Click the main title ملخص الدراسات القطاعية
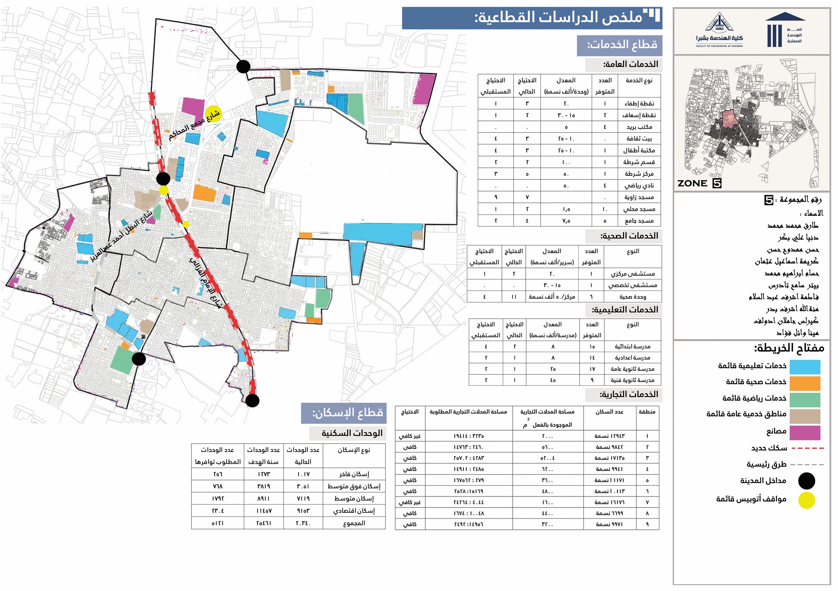[x=558, y=18]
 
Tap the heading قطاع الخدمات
[x=622, y=45]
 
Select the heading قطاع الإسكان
[x=347, y=413]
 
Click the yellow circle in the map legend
[x=806, y=500]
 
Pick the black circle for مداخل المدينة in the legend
[x=806, y=481]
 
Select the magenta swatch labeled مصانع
[x=805, y=432]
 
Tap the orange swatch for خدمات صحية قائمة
[x=805, y=383]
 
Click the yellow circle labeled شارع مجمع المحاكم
[x=213, y=113]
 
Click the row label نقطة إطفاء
[x=639, y=103]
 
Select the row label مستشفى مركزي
[x=632, y=274]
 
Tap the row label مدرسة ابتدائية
[x=632, y=347]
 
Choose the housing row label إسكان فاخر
[x=354, y=474]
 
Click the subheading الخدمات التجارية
[x=629, y=394]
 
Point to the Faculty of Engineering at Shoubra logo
[x=719, y=31]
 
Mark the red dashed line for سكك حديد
[x=807, y=448]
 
